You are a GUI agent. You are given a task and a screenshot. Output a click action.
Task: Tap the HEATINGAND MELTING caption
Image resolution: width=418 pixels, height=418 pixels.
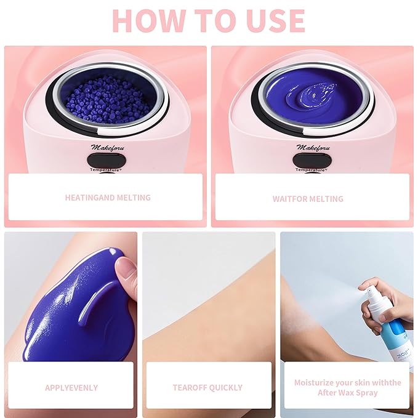108,198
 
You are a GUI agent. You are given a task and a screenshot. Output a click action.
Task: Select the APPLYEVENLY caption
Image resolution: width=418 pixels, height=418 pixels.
71,388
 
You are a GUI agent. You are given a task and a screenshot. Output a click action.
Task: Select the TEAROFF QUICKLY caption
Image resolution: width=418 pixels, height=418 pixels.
207,388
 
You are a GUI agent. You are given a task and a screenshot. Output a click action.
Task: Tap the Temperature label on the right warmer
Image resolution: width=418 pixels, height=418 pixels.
311,169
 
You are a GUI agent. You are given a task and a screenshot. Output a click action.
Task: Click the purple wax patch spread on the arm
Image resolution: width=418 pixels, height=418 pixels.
68,308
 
